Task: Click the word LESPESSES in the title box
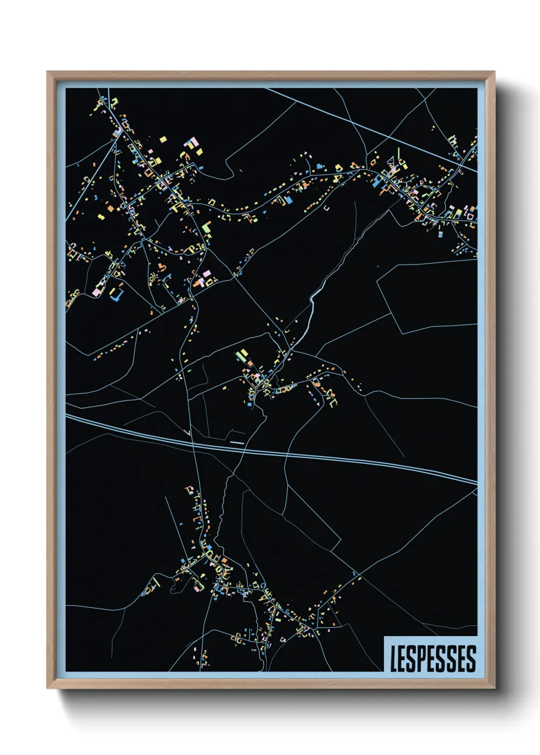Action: [x=433, y=659]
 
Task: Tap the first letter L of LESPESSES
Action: [x=394, y=659]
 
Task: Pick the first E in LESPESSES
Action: [x=402, y=659]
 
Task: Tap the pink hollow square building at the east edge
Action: [x=473, y=211]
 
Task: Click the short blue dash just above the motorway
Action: [x=236, y=443]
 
